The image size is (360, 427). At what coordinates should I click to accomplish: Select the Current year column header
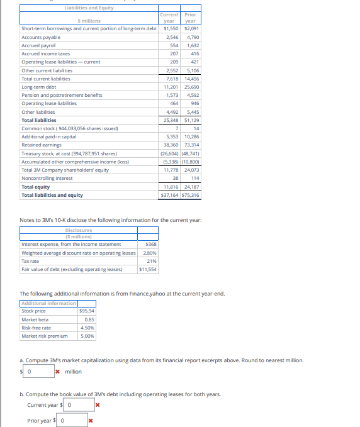coord(169,18)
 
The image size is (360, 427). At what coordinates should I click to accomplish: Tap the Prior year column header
coord(190,18)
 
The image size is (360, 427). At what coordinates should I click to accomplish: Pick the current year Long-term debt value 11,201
coord(169,87)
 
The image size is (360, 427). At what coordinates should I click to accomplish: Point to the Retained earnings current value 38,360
coord(169,145)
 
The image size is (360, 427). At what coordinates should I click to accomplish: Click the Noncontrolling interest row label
coord(48,178)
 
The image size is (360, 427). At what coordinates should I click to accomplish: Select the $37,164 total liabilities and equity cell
coord(170,195)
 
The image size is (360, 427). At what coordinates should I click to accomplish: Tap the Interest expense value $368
coord(150,244)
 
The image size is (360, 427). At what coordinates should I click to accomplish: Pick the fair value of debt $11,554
coord(149,269)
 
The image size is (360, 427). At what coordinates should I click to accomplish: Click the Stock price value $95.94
coord(87,311)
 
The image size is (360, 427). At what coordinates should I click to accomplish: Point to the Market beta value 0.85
coord(89,319)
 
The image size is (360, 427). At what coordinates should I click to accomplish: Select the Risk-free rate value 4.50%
coord(87,328)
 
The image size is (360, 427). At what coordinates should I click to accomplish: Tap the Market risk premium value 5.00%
coord(87,336)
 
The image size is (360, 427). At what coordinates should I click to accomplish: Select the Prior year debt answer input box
coord(73,421)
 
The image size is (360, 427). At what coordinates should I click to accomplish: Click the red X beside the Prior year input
coord(91,421)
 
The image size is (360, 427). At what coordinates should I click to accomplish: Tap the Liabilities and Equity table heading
coord(89,8)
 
